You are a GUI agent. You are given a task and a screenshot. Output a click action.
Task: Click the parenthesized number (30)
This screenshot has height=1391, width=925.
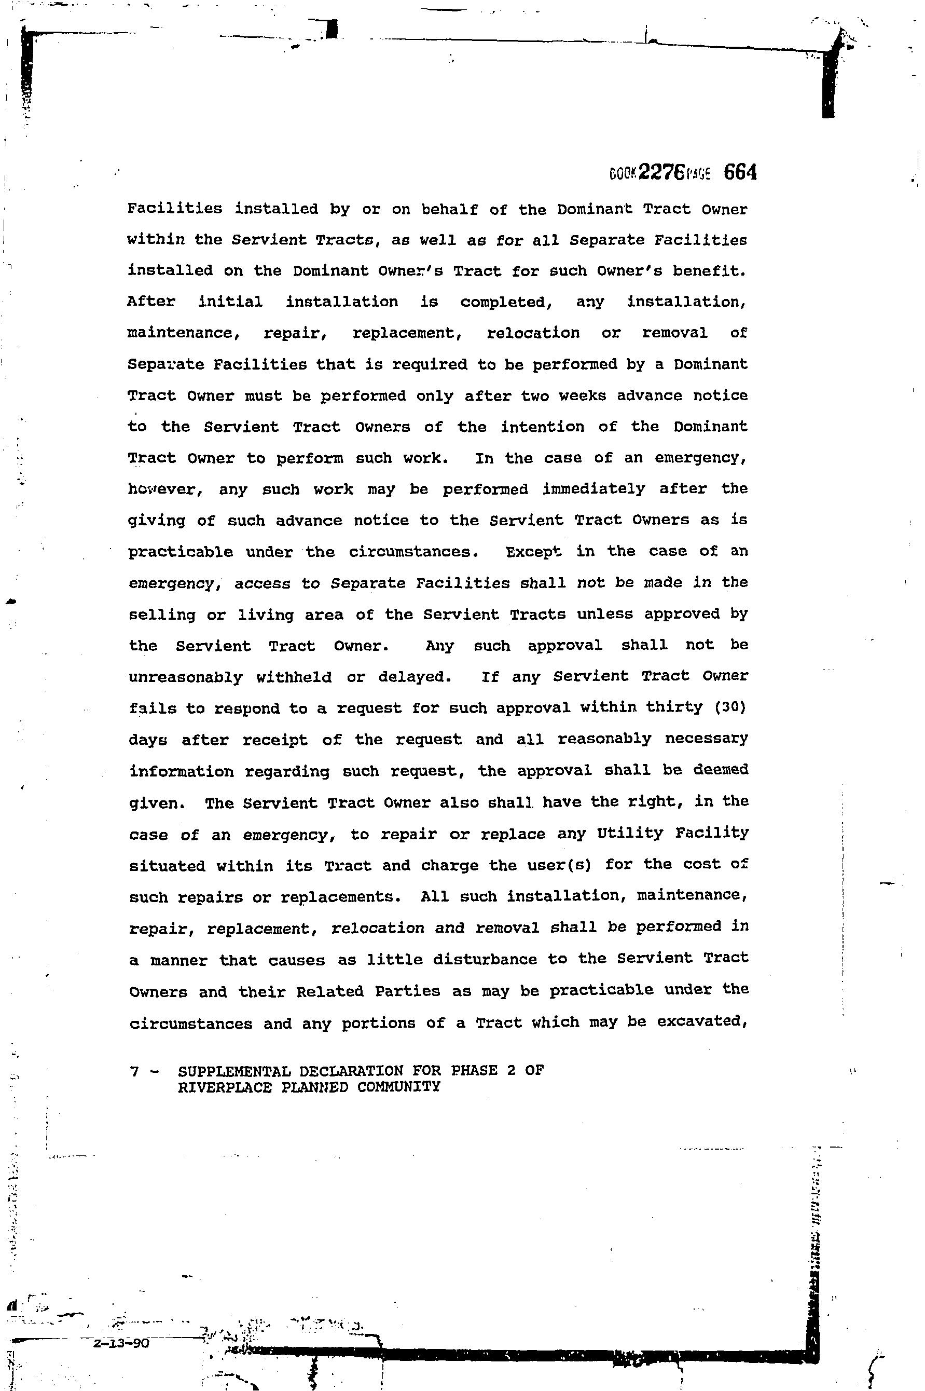click(730, 707)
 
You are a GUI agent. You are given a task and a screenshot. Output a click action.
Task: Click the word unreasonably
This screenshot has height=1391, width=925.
click(186, 677)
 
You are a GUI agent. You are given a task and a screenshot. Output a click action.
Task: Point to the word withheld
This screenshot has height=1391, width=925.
click(294, 677)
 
